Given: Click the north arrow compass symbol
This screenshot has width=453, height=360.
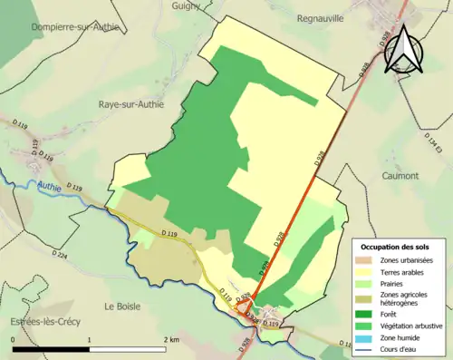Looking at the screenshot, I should tap(403, 51).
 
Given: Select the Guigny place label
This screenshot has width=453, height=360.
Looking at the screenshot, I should tap(188, 6).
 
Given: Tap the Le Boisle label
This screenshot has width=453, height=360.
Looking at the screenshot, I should tap(124, 306).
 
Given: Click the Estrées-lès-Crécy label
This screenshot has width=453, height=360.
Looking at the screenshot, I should tap(38, 323).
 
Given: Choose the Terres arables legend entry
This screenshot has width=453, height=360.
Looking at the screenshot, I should tap(405, 272).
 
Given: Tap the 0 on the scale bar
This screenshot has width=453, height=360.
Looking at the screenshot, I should tap(14, 338).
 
